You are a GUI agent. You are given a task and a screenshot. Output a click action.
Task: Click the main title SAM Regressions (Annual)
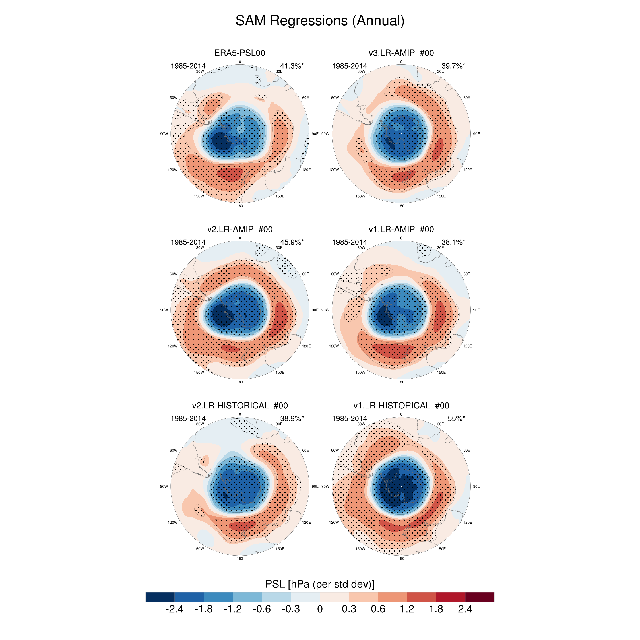click(320, 20)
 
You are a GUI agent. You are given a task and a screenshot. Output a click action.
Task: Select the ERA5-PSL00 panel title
click(240, 53)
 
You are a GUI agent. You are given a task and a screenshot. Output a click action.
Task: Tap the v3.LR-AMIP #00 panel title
click(401, 53)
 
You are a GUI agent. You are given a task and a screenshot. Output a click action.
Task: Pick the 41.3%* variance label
click(292, 66)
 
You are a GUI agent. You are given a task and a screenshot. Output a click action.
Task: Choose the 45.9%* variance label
click(292, 242)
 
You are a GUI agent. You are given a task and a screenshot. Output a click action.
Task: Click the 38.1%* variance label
click(453, 242)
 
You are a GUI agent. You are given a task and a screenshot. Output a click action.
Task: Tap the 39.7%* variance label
click(453, 66)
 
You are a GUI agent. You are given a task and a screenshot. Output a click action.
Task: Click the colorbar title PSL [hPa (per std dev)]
click(320, 584)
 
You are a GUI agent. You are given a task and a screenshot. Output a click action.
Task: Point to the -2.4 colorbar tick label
click(174, 609)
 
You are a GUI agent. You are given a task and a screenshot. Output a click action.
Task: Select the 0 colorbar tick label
click(320, 609)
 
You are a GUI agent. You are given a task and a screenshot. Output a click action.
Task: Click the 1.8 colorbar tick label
click(436, 609)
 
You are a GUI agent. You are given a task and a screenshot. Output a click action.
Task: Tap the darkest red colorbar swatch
click(480, 597)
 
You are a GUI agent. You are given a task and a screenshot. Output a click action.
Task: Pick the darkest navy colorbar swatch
click(160, 597)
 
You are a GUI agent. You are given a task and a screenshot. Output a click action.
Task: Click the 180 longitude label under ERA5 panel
click(240, 206)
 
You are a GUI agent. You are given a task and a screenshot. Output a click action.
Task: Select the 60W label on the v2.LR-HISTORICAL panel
click(174, 450)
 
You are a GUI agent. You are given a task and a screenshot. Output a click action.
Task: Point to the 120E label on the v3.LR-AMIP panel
click(467, 170)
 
